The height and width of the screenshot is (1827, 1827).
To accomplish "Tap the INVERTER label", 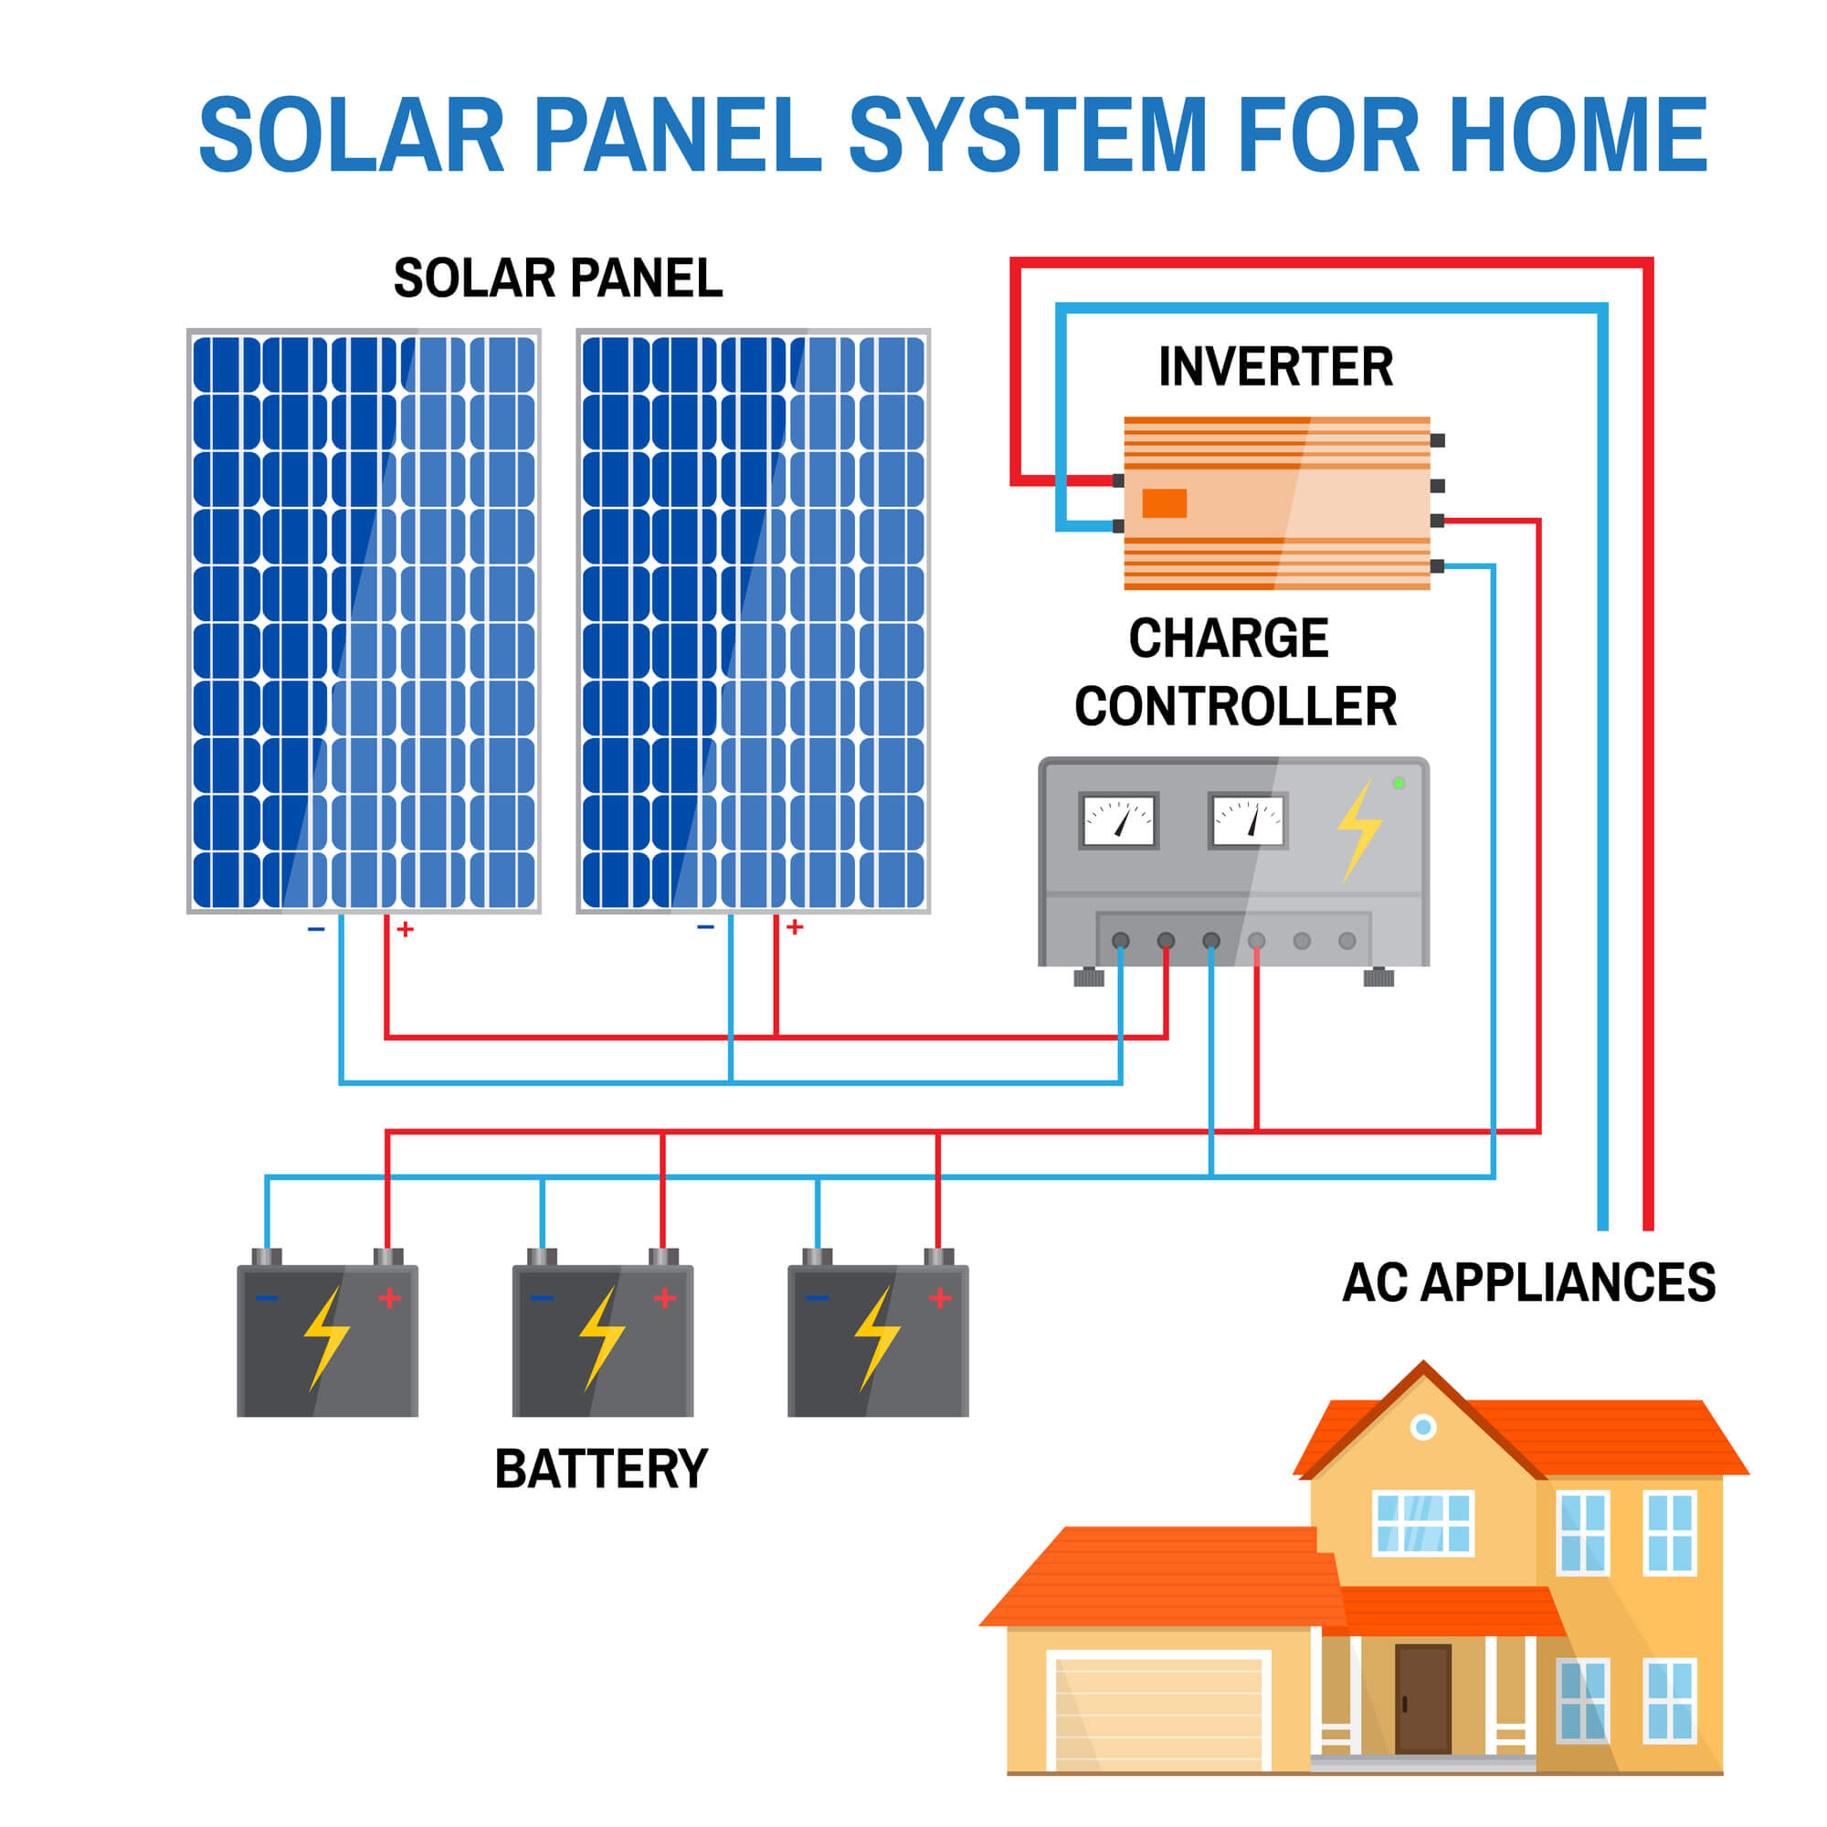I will [1275, 367].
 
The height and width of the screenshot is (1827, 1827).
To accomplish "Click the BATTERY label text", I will [600, 1470].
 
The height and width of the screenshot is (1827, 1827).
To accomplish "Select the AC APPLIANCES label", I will [1528, 1283].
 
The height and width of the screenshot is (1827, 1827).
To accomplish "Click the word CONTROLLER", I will [1235, 706].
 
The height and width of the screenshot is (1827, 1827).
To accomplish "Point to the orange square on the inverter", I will [1164, 503].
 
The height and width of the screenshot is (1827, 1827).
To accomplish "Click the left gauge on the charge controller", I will [1119, 820].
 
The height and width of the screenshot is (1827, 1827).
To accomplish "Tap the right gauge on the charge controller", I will [1248, 820].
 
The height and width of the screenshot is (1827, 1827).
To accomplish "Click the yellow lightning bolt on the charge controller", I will [1359, 829].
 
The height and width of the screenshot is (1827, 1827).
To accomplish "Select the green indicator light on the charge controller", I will [1399, 783].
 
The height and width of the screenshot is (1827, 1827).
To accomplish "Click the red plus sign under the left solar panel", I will [406, 930].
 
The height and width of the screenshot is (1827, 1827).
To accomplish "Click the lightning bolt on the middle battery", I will [601, 1337].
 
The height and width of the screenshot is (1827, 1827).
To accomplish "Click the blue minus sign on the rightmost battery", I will [817, 1298].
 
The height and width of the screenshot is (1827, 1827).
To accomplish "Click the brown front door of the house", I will [1422, 1698].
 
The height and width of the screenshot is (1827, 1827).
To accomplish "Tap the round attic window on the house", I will [1423, 1427].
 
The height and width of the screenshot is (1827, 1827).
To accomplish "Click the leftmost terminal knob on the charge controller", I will [1121, 941].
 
